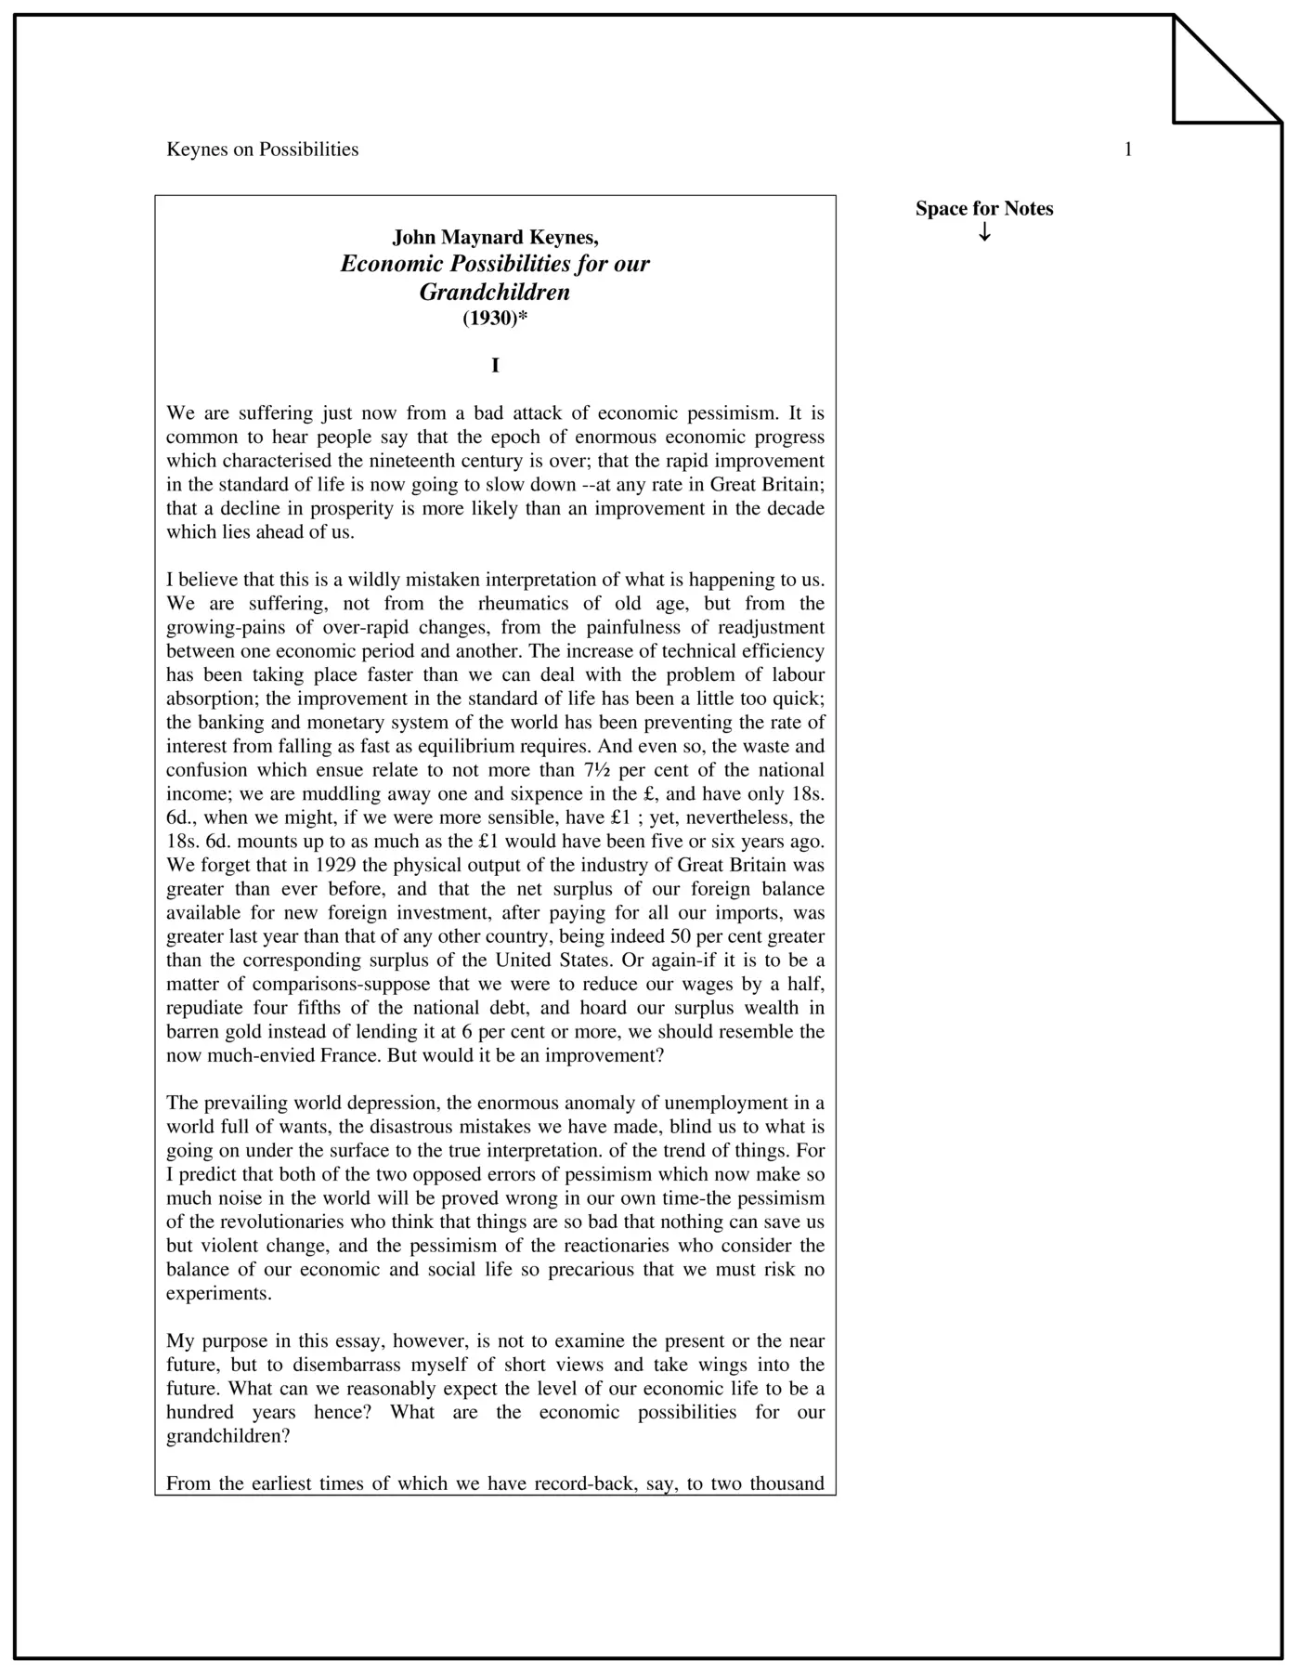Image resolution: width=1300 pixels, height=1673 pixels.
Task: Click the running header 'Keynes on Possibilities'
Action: pyautogui.click(x=262, y=150)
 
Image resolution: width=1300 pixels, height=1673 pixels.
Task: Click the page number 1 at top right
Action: pyautogui.click(x=1128, y=150)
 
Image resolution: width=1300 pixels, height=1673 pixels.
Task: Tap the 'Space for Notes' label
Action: pyautogui.click(x=984, y=209)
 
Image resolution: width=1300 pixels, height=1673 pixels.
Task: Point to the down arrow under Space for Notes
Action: pyautogui.click(x=984, y=232)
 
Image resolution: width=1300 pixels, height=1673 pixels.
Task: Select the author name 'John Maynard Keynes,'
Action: pyautogui.click(x=495, y=237)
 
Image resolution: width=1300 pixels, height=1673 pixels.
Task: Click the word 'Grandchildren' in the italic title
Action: pyautogui.click(x=495, y=292)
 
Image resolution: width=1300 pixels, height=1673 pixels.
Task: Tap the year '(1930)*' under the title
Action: pyautogui.click(x=495, y=319)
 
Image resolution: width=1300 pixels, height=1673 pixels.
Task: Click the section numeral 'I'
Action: pyautogui.click(x=495, y=366)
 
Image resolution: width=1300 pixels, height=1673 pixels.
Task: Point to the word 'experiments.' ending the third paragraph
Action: pyautogui.click(x=219, y=1294)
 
